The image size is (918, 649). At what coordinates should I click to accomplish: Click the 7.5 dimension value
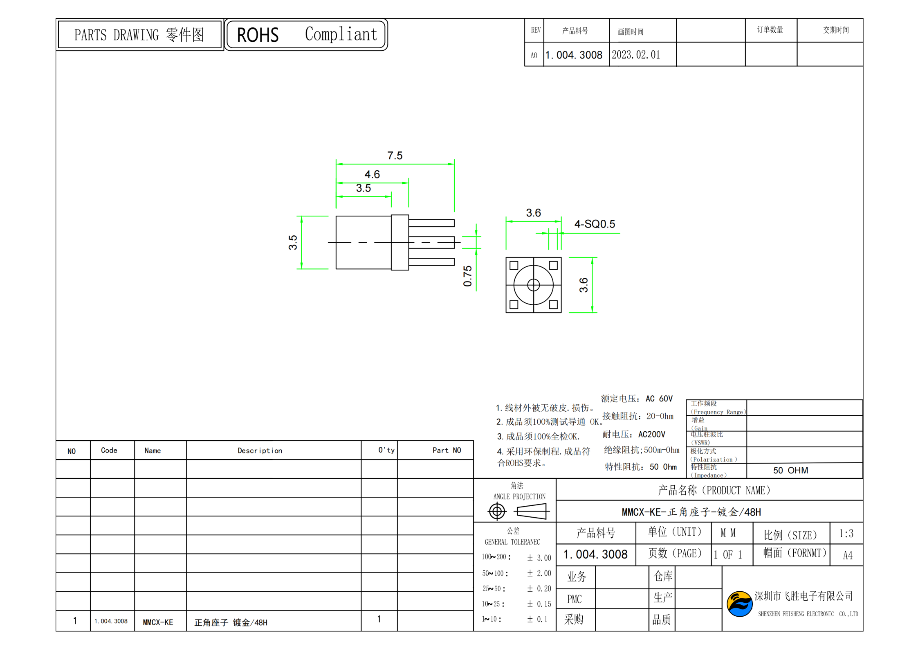(x=394, y=155)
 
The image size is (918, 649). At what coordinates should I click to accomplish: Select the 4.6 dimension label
(x=372, y=174)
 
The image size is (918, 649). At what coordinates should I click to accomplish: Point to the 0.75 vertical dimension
(x=467, y=276)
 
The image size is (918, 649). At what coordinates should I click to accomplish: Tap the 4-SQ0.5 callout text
(x=594, y=224)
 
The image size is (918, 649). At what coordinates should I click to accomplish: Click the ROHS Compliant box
(x=305, y=34)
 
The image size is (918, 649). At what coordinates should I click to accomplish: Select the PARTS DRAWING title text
(x=139, y=35)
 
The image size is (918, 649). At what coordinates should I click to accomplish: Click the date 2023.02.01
(x=635, y=55)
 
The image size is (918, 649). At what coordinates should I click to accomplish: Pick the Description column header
(x=260, y=451)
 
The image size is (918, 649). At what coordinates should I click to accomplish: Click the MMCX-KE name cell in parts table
(x=158, y=622)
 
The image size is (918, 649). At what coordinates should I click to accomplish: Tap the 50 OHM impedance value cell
(x=790, y=470)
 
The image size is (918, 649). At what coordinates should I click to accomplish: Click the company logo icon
(x=739, y=604)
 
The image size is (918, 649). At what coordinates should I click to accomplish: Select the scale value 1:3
(x=846, y=534)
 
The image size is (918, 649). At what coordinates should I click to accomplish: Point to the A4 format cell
(x=847, y=555)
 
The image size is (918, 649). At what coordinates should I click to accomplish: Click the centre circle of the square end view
(x=533, y=285)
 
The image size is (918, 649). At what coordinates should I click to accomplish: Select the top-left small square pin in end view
(x=514, y=265)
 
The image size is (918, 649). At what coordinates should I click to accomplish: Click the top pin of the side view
(x=431, y=223)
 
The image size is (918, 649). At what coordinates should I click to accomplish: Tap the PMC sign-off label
(x=574, y=599)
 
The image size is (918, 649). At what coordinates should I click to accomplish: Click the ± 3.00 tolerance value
(x=539, y=558)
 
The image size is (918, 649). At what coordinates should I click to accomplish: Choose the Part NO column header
(x=446, y=450)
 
